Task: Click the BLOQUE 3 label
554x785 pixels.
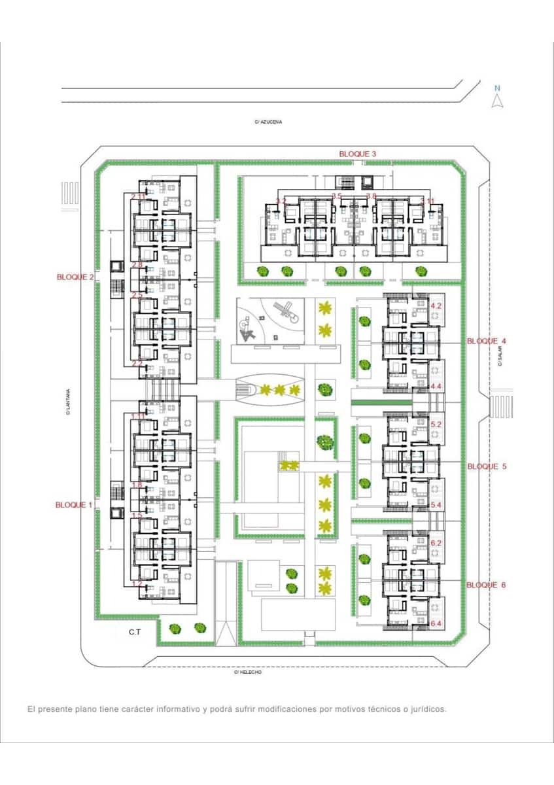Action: coord(357,154)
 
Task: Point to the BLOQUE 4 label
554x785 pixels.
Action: coord(486,341)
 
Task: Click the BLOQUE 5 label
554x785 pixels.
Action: coord(486,467)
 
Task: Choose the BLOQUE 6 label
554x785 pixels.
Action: coord(486,585)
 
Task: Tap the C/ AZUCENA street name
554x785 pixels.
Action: coord(268,122)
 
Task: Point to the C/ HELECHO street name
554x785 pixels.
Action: coord(247,672)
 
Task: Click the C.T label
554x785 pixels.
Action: coord(135,632)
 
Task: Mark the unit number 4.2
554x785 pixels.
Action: coord(437,305)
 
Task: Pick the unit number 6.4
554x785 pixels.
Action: coord(436,625)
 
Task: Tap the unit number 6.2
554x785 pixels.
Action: coord(437,543)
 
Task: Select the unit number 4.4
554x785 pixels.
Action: coord(437,387)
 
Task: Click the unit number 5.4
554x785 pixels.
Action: coord(437,505)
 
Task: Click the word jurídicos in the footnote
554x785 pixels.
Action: coord(424,709)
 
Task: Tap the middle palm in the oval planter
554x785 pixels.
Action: coord(280,391)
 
